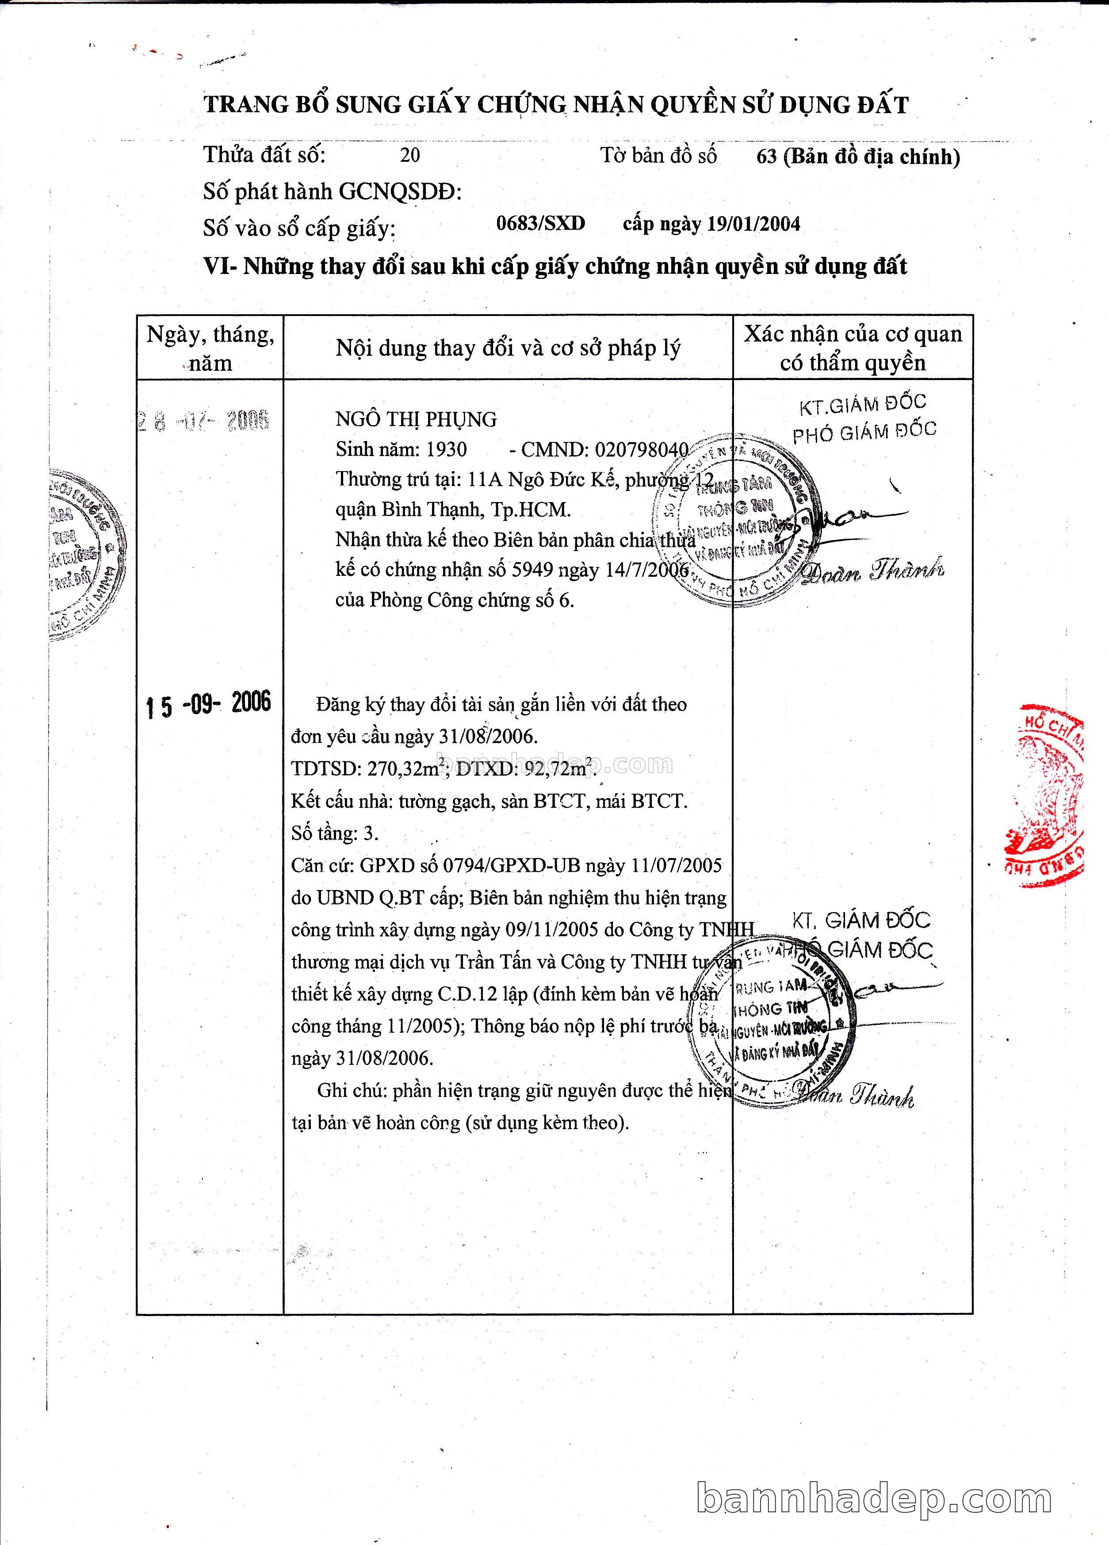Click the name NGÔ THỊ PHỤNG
tap(416, 419)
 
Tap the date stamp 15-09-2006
tap(208, 704)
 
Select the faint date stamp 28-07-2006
tap(203, 420)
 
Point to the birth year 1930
tap(447, 449)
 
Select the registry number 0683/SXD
tap(540, 224)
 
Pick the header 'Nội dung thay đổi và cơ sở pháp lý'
tap(508, 348)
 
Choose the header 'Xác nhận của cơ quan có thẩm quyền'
tap(853, 348)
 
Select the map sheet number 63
tap(766, 157)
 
